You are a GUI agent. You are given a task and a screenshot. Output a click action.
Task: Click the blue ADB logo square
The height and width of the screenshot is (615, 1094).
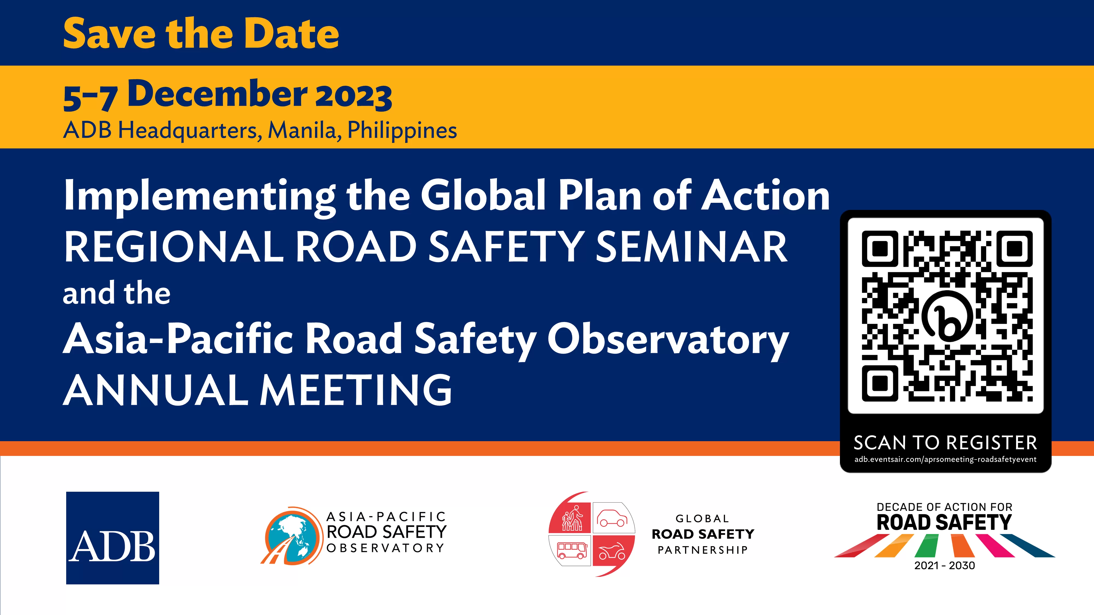coord(112,538)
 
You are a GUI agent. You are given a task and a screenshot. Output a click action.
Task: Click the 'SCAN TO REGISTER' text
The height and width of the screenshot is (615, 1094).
coord(945,443)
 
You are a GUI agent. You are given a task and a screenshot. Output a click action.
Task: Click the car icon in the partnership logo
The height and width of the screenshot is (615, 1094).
coord(612,518)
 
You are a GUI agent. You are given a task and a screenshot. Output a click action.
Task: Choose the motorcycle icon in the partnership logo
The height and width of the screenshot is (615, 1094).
coord(612,552)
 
